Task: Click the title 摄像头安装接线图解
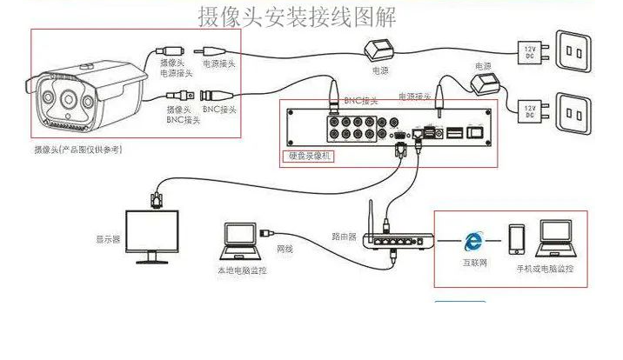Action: (x=297, y=17)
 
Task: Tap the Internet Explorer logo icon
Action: (x=472, y=238)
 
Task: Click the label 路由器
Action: (x=344, y=235)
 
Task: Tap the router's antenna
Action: (x=369, y=220)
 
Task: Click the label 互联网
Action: (x=472, y=261)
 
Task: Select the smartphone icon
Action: (x=517, y=238)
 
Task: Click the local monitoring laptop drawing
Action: (x=238, y=243)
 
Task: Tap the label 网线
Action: (x=285, y=249)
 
